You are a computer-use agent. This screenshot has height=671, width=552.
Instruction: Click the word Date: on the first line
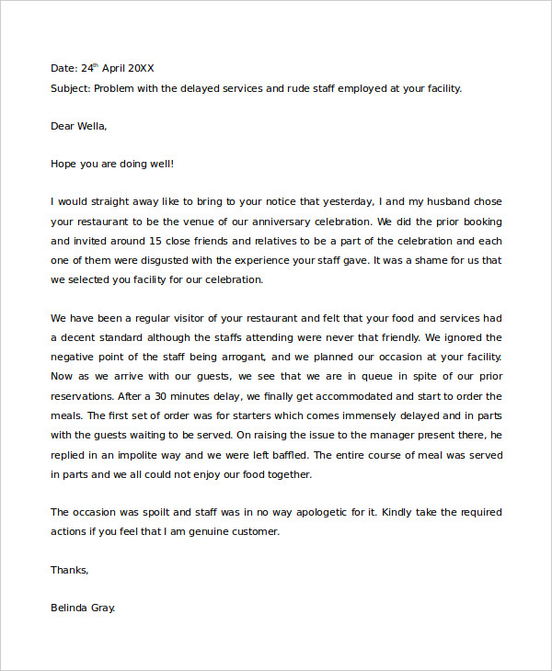(x=64, y=68)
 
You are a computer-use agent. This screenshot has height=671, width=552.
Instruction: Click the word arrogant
(x=240, y=358)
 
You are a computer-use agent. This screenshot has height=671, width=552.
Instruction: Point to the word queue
(x=353, y=377)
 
